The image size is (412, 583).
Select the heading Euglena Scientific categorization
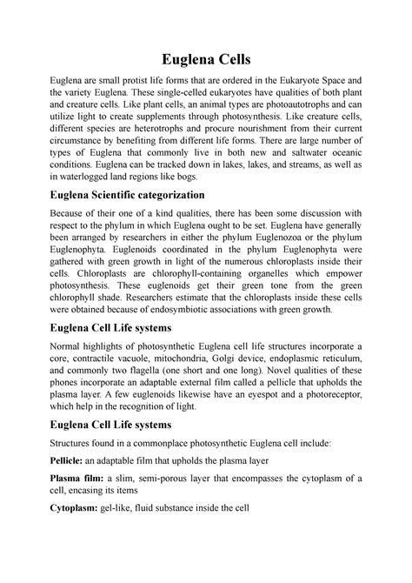pyautogui.click(x=129, y=196)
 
